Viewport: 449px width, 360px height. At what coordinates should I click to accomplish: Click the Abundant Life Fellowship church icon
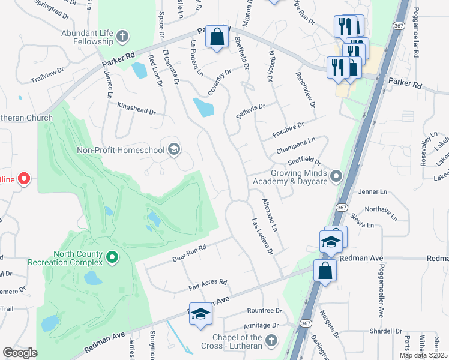coord(122,37)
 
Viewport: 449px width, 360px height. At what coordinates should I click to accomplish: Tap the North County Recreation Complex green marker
coord(112,258)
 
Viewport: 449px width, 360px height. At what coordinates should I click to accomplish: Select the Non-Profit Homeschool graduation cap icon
coord(174,149)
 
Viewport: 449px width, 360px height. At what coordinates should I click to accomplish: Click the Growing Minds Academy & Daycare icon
coord(336,176)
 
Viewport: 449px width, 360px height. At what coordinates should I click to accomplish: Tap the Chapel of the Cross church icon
coord(271,342)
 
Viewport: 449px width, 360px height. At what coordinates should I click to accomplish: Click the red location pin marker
coord(24,178)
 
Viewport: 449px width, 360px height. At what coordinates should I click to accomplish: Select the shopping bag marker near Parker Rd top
coord(217,37)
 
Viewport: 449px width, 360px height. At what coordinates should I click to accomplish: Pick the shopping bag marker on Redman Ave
coord(325,269)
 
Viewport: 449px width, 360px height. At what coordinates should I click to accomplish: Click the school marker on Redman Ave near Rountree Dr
coord(200,314)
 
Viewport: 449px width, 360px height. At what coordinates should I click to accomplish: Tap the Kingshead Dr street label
coord(136,112)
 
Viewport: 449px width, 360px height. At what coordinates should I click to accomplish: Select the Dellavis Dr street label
coord(251,110)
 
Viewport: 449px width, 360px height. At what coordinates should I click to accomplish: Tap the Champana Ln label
coord(295,144)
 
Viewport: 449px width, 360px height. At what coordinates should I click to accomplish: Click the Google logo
coord(20,353)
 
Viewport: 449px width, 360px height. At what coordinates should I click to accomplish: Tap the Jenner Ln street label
coord(373,192)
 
